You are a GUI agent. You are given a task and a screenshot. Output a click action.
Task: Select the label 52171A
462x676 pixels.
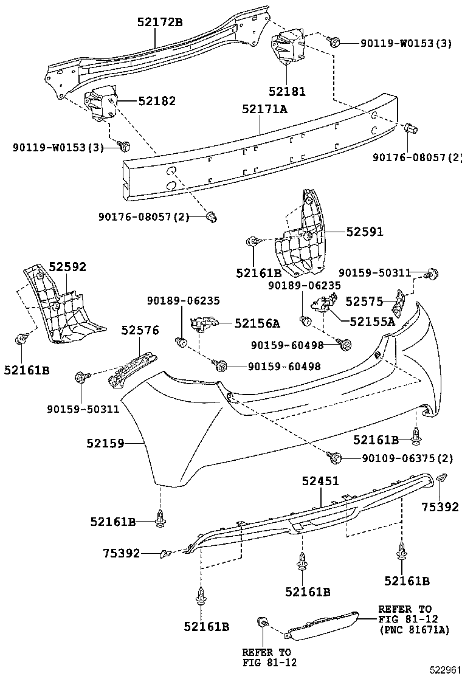coord(264,109)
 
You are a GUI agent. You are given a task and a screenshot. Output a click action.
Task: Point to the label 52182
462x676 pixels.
coord(157,101)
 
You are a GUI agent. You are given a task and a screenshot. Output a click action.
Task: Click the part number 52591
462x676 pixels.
coord(365,232)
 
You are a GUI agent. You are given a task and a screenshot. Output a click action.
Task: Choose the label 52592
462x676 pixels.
coord(67,267)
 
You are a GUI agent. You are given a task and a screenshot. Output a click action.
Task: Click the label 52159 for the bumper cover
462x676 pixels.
coord(105,444)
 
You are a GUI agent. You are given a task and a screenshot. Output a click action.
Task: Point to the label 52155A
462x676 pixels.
coord(372,322)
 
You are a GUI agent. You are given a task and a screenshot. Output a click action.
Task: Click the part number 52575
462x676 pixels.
coord(364,301)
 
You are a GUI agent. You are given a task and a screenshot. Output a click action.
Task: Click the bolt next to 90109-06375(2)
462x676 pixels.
coord(334,456)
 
